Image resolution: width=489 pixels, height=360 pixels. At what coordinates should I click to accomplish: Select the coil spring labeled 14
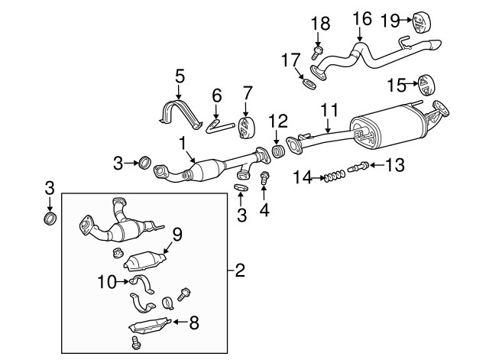pos(331,178)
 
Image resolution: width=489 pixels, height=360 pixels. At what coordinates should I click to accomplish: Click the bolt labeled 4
pos(265,180)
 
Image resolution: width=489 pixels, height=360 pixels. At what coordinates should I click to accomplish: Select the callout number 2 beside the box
pos(239,269)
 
